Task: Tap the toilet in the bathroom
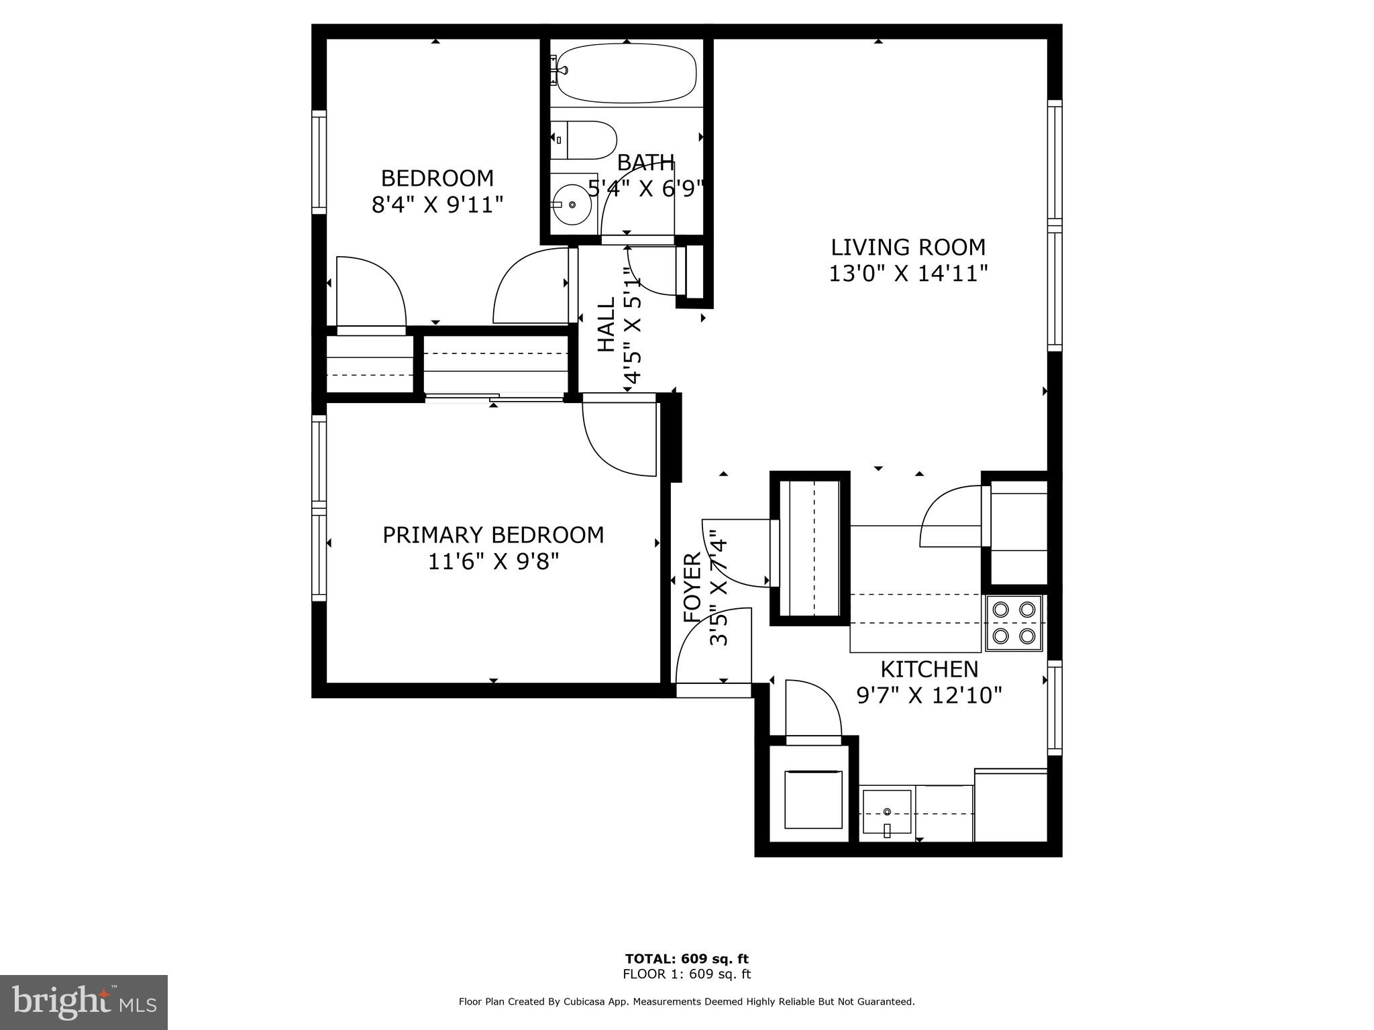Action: point(584,140)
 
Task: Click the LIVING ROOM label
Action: point(908,247)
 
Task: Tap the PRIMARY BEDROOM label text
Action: point(493,535)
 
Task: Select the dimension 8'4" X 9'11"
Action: point(437,205)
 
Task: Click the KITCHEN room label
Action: point(929,669)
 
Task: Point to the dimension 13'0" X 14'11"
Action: point(908,274)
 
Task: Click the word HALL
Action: point(606,325)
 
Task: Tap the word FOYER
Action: point(692,587)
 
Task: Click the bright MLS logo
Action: point(84,1002)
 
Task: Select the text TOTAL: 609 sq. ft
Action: point(686,958)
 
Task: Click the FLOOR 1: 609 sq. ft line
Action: point(686,974)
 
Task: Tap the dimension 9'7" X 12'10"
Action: point(929,695)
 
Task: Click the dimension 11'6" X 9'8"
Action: point(493,561)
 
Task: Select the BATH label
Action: point(645,162)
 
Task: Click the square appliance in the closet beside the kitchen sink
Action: point(813,799)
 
